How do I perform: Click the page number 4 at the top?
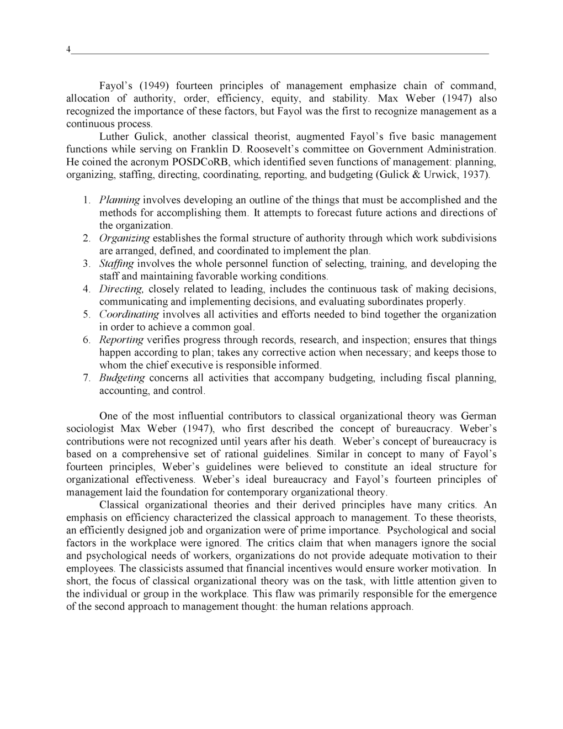tap(68, 50)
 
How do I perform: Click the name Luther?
tap(114, 137)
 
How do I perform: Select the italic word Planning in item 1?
tap(119, 200)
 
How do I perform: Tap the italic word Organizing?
tap(124, 239)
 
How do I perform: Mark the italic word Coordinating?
tap(129, 315)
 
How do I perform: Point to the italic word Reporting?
tap(121, 340)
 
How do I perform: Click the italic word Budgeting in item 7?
tap(122, 378)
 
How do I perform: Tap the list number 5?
tap(87, 315)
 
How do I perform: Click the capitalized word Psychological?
tap(419, 531)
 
